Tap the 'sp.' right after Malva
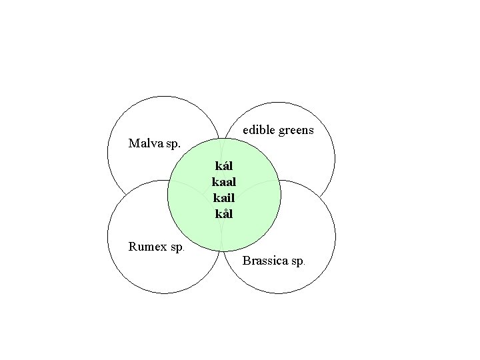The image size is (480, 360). tap(172, 143)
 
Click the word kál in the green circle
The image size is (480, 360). tap(223, 165)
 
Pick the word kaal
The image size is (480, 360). tap(223, 181)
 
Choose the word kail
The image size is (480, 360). tap(223, 197)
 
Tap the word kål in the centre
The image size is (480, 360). tap(223, 214)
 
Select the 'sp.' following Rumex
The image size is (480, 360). tap(178, 247)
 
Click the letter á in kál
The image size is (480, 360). tap(224, 165)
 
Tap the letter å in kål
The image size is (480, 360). tap(224, 214)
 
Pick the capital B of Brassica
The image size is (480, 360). tap(247, 261)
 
